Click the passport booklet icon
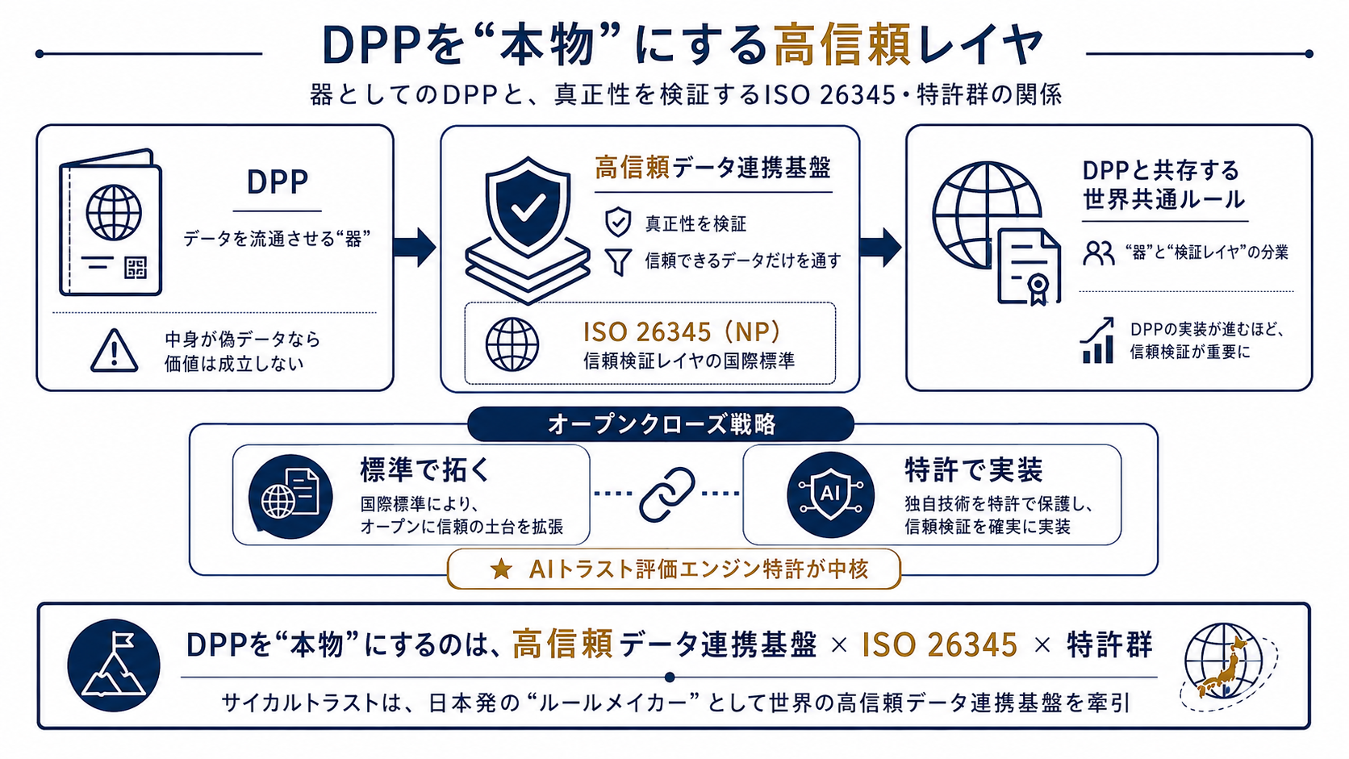tap(111, 222)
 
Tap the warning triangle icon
tap(114, 350)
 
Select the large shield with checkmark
tap(528, 207)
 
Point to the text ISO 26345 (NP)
tap(682, 332)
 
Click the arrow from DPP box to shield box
tap(415, 247)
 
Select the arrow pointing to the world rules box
tap(880, 247)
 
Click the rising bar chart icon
tap(1097, 340)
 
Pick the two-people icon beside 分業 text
tap(1098, 253)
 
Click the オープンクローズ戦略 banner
tap(661, 424)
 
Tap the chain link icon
tap(666, 494)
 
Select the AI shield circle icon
tap(830, 494)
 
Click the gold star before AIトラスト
tap(501, 569)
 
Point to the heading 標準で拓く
tap(425, 469)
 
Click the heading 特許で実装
tap(973, 469)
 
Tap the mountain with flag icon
tap(114, 665)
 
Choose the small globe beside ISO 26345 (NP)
tap(512, 344)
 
